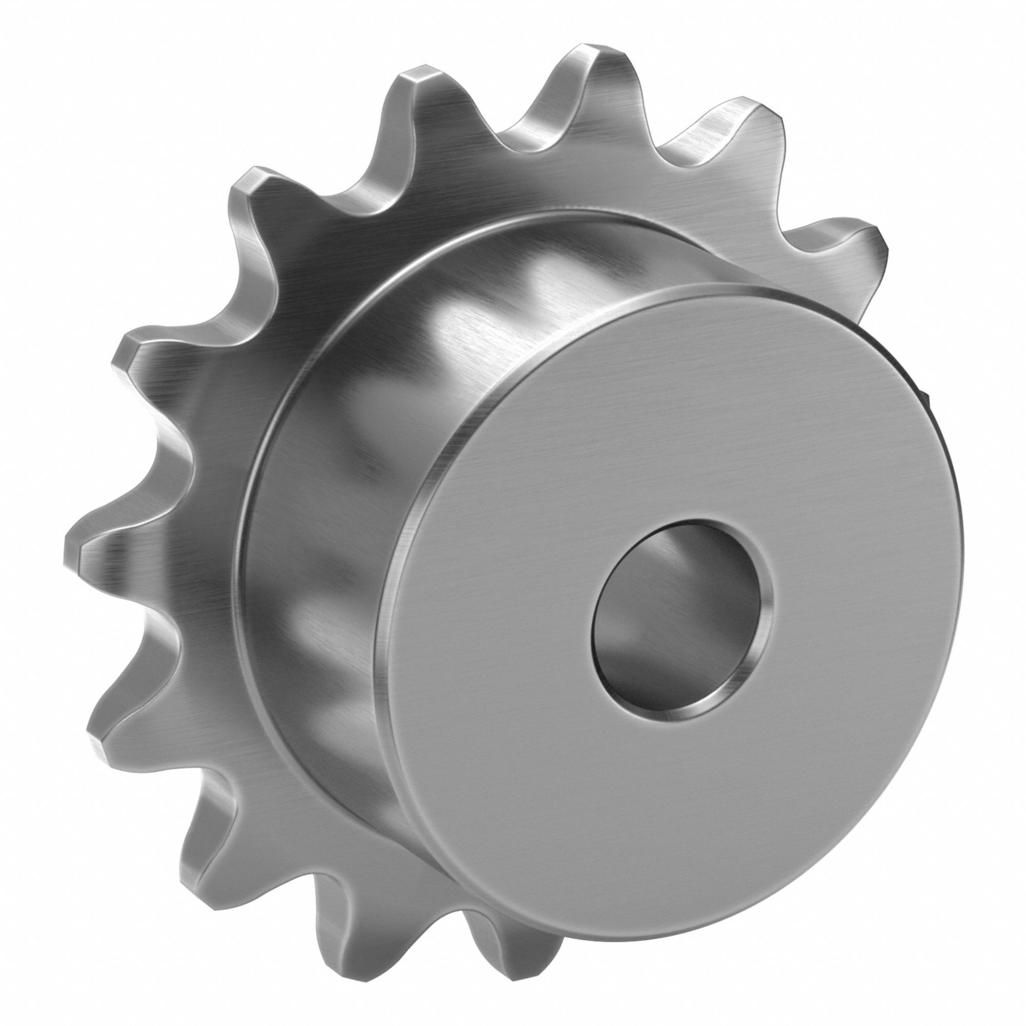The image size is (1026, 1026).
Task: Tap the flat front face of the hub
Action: tap(531, 690)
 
